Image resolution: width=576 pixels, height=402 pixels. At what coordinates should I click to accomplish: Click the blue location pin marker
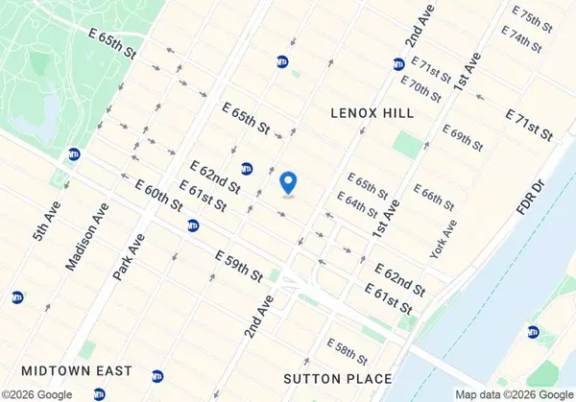[287, 180]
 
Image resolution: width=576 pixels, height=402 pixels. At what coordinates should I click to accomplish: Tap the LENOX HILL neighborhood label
[372, 113]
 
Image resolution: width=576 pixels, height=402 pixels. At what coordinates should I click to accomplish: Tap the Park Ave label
[128, 257]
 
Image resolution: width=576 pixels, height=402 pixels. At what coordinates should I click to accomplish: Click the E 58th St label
[348, 351]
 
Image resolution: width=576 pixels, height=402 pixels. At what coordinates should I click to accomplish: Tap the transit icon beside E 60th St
[194, 225]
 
